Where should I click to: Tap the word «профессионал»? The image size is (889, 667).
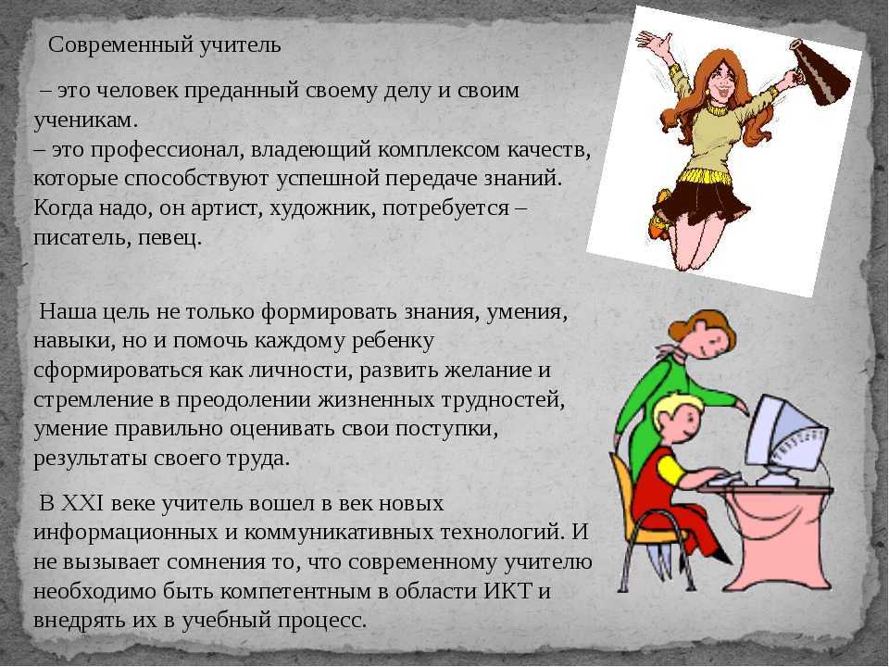pos(167,150)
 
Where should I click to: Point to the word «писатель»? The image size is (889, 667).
pos(81,238)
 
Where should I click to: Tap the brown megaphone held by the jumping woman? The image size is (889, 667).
pos(821,72)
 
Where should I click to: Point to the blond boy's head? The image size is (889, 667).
pos(679,418)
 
